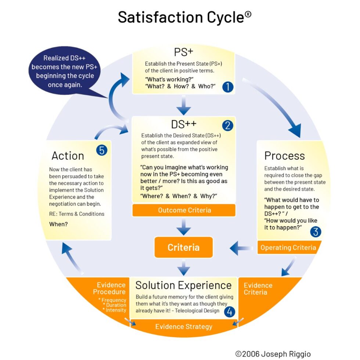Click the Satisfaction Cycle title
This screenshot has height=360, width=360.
pos(184,17)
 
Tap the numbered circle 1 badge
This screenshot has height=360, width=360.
pos(228,87)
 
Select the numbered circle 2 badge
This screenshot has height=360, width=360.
pos(228,126)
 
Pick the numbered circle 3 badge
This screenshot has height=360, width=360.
pos(316,231)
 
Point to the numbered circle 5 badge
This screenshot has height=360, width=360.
pos(101,150)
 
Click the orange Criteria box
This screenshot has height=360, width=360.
pos(184,247)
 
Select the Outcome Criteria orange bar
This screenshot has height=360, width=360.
pos(184,210)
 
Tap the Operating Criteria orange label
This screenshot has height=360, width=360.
pos(288,248)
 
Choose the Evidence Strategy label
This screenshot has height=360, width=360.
pos(184,327)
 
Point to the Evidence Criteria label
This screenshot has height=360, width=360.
pos(258,289)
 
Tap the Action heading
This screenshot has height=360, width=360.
pos(68,156)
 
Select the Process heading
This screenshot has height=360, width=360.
pos(284,156)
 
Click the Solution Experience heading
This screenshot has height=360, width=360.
pos(183,285)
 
